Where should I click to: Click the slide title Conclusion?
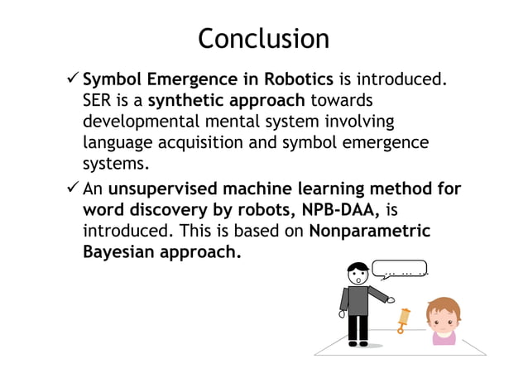[x=263, y=39]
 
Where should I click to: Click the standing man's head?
[x=357, y=274]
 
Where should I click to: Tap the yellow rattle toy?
[x=403, y=319]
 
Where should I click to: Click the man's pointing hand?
[x=391, y=300]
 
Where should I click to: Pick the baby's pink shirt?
[x=444, y=337]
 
